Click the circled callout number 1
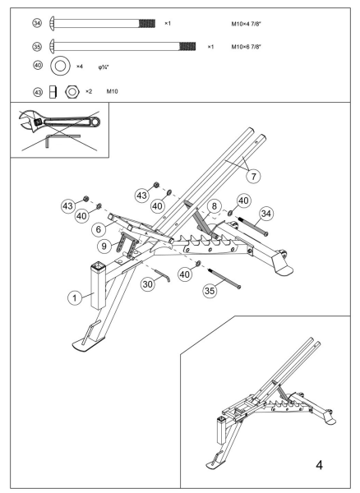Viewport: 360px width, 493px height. click(75, 298)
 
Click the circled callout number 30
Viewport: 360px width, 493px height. click(148, 283)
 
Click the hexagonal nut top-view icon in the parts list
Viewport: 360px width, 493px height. click(72, 90)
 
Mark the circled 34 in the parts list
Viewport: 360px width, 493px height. click(37, 22)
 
